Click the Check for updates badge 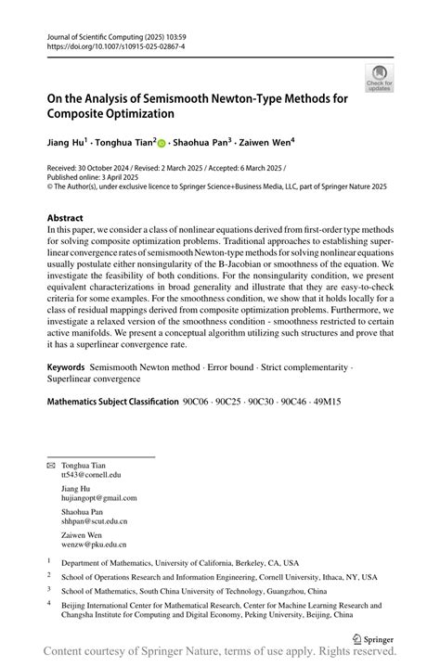click(379, 77)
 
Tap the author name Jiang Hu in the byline click(67, 143)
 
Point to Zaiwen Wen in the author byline click(265, 143)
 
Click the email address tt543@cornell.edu click(91, 474)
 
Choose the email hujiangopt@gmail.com click(98, 497)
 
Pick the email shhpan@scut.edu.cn click(94, 521)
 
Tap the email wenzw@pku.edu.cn click(93, 545)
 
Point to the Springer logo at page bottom click(372, 638)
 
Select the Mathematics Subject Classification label click(112, 402)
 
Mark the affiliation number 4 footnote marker click(48, 601)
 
